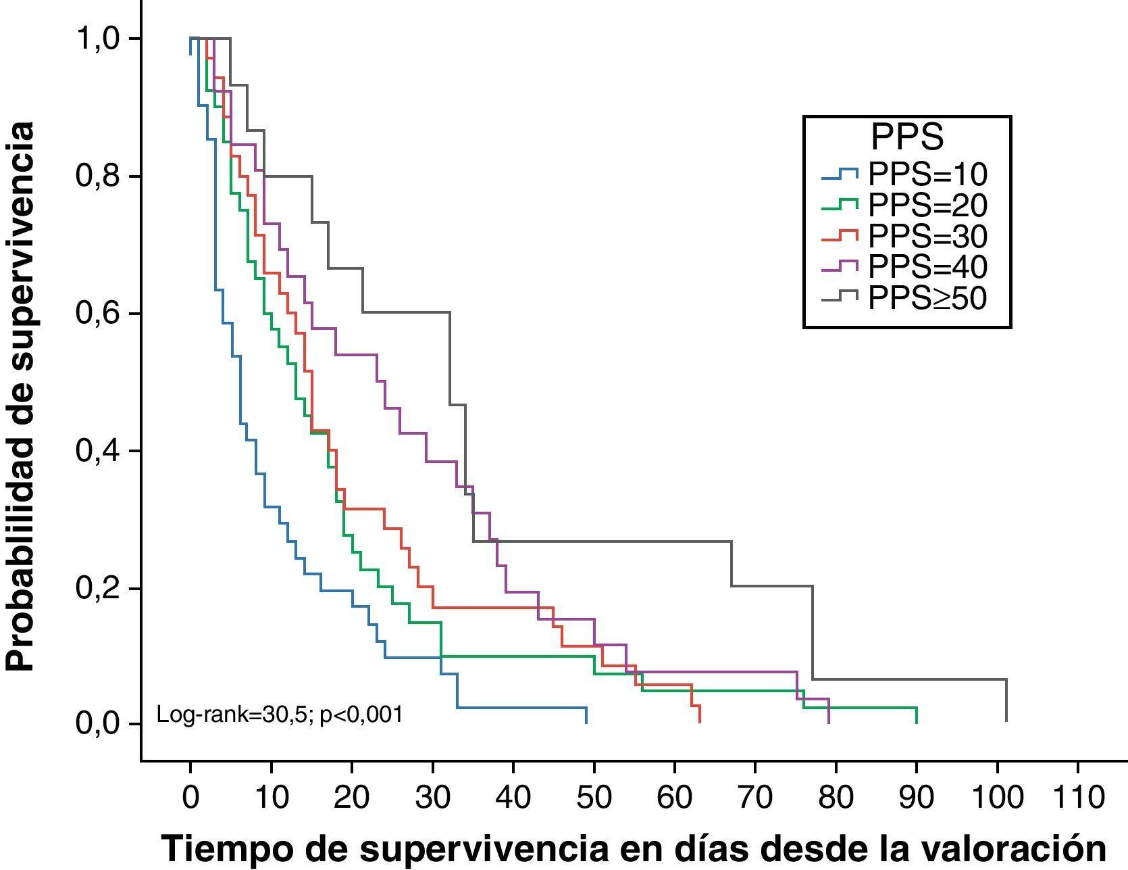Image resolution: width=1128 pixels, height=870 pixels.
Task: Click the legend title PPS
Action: pyautogui.click(x=906, y=138)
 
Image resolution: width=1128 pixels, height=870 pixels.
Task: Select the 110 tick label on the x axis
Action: pyautogui.click(x=1077, y=798)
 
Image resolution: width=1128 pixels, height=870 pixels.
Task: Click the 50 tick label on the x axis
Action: pyautogui.click(x=594, y=798)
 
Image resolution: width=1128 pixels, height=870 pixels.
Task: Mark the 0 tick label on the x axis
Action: pyautogui.click(x=191, y=798)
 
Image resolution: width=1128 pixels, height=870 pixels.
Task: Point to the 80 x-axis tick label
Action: pyautogui.click(x=836, y=798)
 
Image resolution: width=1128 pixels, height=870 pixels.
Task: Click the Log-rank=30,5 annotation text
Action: pyautogui.click(x=279, y=715)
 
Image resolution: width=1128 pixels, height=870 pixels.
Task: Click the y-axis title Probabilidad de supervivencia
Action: pyautogui.click(x=20, y=396)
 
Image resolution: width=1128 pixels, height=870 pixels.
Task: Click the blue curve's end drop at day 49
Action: pyautogui.click(x=586, y=715)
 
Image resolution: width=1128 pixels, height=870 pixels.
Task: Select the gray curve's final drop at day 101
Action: pyautogui.click(x=1006, y=701)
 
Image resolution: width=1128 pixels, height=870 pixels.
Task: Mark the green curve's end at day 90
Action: pyautogui.click(x=916, y=715)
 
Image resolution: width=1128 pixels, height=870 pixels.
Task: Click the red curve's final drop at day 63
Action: pyautogui.click(x=699, y=714)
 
